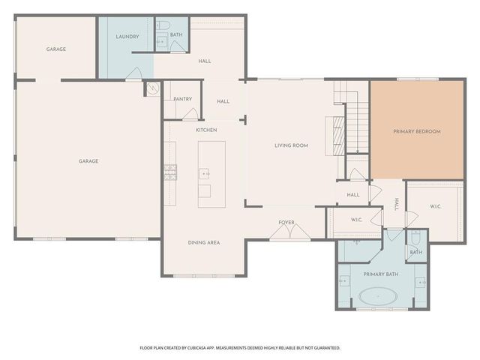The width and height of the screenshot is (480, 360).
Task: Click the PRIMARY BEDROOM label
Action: [x=417, y=131]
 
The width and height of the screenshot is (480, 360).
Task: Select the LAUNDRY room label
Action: [x=127, y=37]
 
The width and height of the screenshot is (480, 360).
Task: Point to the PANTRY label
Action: [x=182, y=99]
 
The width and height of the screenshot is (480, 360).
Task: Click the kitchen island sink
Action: [x=204, y=173]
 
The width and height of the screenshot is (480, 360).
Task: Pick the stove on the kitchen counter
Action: [x=170, y=173]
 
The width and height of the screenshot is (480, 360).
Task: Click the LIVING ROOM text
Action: [x=291, y=145]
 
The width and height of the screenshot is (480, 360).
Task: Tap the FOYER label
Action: [x=286, y=222]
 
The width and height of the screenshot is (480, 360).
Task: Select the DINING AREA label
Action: [x=203, y=243]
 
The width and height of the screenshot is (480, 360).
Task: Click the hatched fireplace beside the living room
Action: [x=338, y=135]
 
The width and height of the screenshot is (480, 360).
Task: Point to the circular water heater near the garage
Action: [x=153, y=88]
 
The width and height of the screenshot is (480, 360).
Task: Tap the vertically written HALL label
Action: [x=397, y=205]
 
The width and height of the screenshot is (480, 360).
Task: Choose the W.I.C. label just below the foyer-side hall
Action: [x=357, y=220]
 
